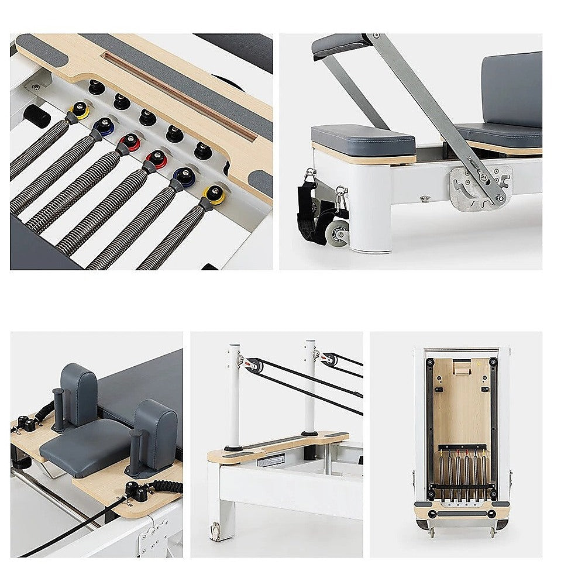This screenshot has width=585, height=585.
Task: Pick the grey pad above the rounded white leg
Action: (363, 139)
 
